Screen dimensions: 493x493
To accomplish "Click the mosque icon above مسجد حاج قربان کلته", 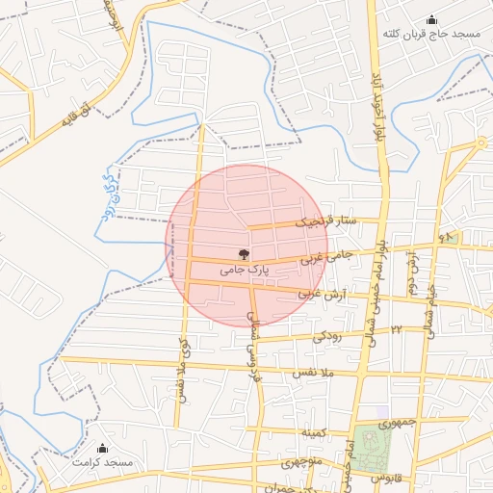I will pos(430,19).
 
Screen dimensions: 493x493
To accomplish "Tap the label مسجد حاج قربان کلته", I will pos(430,35).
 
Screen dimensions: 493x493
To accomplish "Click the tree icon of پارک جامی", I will pos(244,255).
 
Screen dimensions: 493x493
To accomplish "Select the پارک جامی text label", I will pos(243,271).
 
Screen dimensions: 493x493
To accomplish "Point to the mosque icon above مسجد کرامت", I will pos(103,448).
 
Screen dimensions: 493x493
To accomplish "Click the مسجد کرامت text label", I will pos(104,463).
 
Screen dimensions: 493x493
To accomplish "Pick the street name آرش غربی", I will pos(321,293).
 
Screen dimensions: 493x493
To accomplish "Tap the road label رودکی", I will pos(326,335).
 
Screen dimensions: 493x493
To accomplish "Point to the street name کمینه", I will pos(315,432).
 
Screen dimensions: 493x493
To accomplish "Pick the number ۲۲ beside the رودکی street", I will pos(395,330).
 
